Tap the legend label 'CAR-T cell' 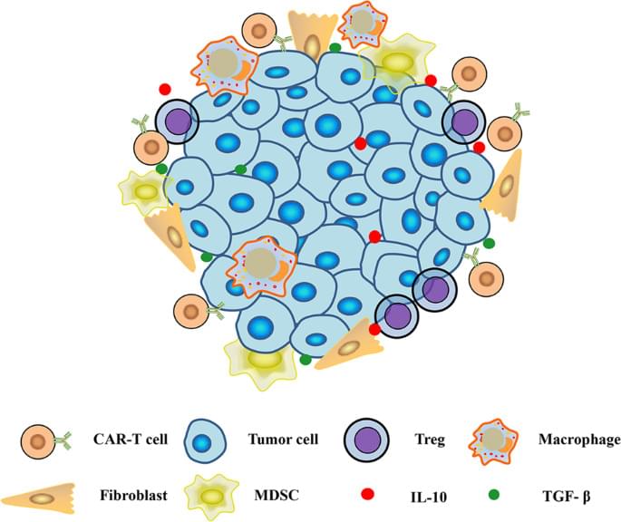tap(117, 441)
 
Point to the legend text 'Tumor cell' tap(282, 441)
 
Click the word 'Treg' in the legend tap(427, 441)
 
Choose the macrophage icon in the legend tap(495, 442)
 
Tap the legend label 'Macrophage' tap(577, 441)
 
